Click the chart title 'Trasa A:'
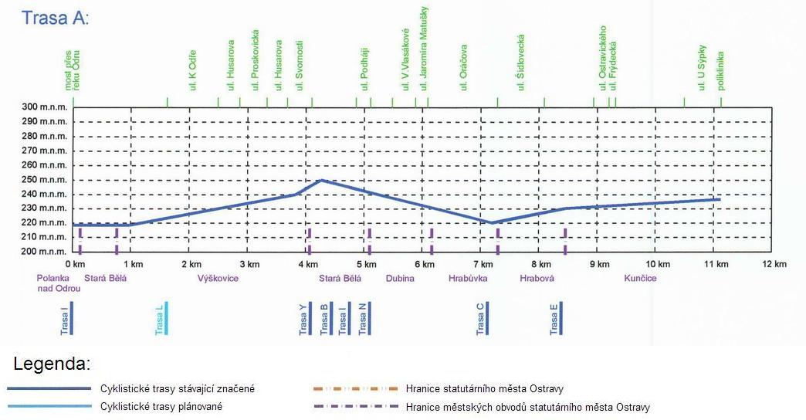pos(56,17)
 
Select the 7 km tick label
pos(483,264)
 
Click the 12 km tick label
pos(774,264)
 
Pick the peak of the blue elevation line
pos(320,181)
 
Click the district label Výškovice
pos(218,278)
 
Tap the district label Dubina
pos(400,278)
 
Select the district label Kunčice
pos(640,278)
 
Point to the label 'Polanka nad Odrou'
pos(59,283)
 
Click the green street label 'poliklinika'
pos(720,70)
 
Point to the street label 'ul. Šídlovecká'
pos(521,63)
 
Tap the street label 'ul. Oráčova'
pos(464,67)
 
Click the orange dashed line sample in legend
pos(355,388)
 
